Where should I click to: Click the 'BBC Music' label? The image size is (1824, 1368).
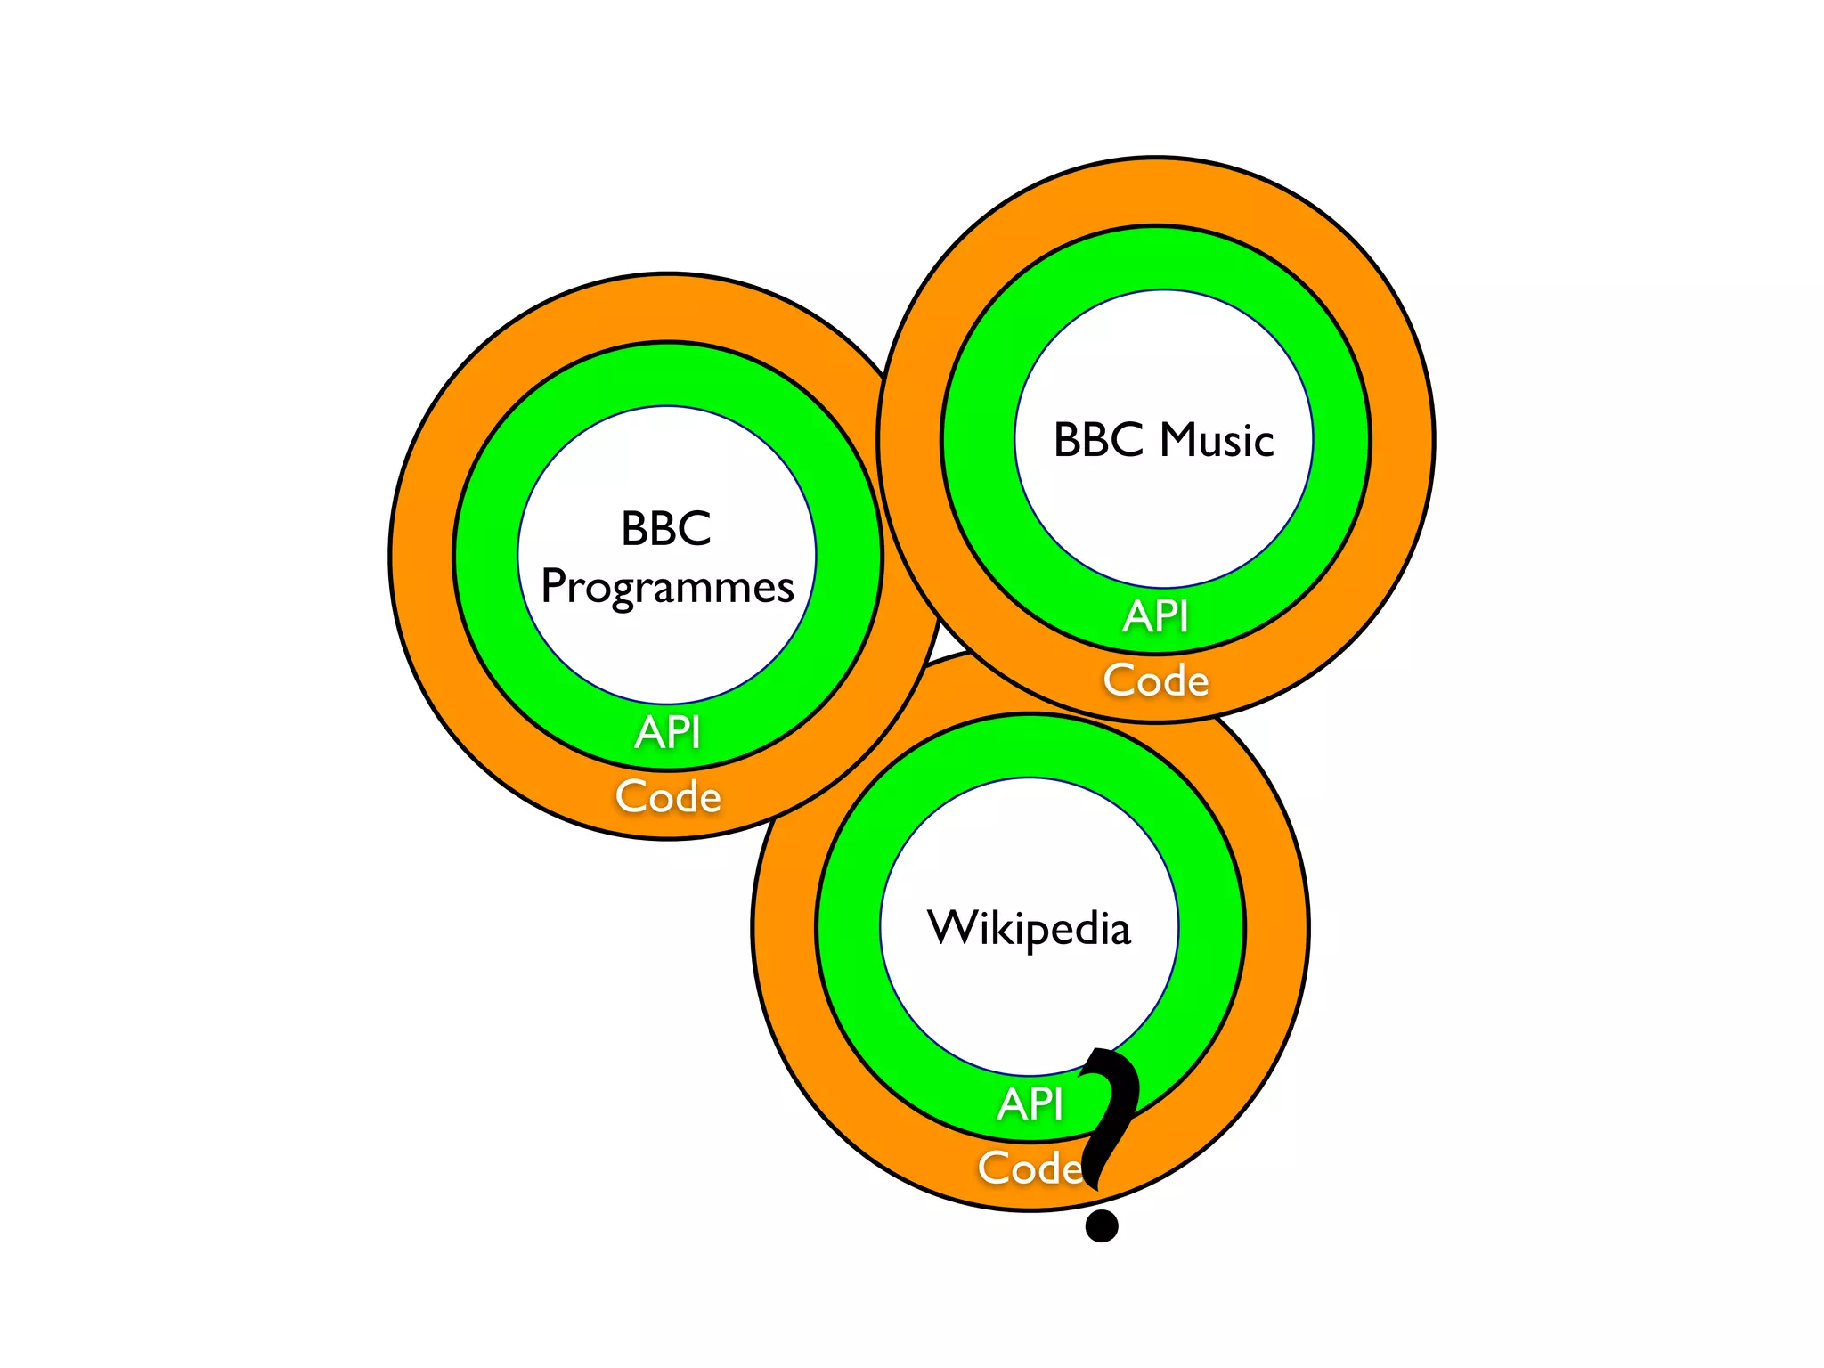1163,440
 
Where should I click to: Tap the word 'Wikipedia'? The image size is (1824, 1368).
1029,928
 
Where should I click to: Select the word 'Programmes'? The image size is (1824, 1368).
667,587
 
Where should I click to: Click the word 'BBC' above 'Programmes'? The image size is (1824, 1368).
666,528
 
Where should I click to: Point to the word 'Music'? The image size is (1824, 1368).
1217,440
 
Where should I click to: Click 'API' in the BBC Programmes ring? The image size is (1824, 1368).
667,732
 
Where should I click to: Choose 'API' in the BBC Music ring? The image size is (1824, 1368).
1155,615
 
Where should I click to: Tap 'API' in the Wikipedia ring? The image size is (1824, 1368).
1030,1103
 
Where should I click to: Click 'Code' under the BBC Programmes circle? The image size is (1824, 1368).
668,796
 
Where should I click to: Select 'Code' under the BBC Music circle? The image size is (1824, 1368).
1156,680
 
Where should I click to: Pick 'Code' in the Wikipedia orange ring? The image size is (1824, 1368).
1030,1168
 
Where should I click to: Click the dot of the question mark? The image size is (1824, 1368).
1102,1225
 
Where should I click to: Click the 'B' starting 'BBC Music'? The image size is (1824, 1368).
1068,440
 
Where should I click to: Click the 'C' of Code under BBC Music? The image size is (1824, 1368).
1119,680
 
